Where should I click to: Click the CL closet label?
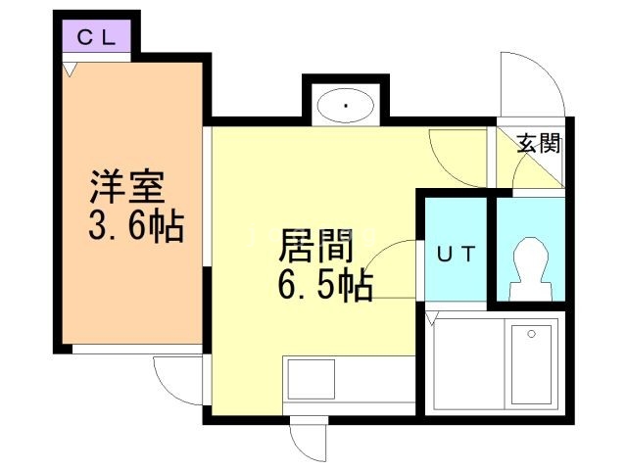[x=97, y=38]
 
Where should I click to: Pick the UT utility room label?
[x=455, y=255]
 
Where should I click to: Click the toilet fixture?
[x=530, y=265]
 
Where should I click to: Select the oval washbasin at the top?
[x=346, y=106]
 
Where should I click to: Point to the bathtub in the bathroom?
[x=530, y=363]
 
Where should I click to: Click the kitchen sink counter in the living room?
[x=311, y=378]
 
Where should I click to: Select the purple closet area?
[x=97, y=38]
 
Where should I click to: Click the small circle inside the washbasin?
[x=346, y=105]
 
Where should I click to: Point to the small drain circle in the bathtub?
[x=531, y=334]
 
